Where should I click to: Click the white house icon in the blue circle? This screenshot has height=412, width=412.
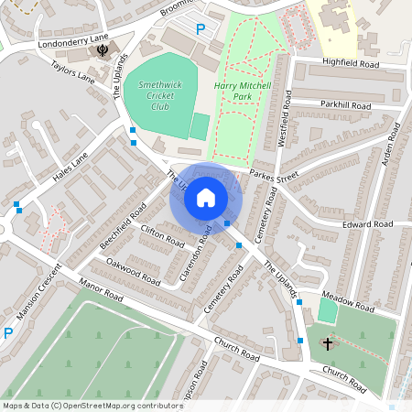206,197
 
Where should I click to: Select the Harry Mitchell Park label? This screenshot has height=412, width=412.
244,90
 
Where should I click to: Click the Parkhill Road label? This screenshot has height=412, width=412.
345,106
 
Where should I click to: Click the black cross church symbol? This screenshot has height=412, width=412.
329,344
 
